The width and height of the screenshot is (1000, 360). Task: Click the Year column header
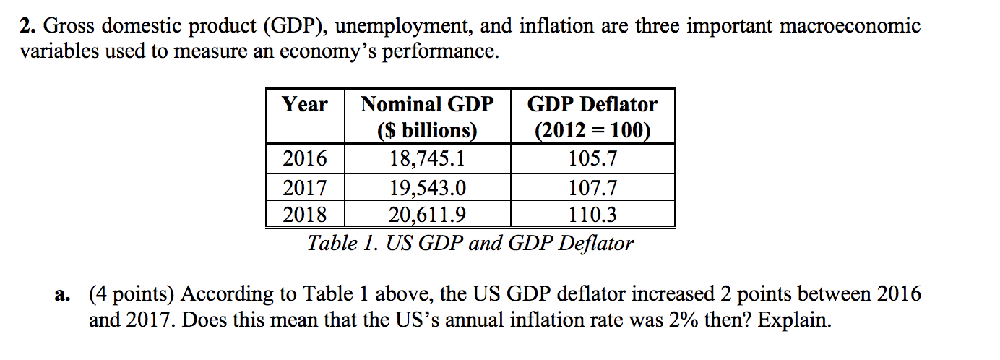coord(305,105)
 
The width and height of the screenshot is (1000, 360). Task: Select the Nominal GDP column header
coord(427,117)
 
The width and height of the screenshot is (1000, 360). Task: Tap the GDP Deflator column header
coord(592,117)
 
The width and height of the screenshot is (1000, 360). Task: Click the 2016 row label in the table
coord(305,158)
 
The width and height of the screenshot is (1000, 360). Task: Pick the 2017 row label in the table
coord(305,189)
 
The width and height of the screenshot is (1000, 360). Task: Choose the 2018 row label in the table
coord(305,214)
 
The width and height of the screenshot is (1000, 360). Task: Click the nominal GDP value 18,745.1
coord(427,158)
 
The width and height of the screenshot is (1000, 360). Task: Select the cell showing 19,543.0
coord(427,189)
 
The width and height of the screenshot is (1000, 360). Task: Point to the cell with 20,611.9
coord(427,214)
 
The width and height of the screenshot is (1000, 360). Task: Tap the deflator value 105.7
coord(592,158)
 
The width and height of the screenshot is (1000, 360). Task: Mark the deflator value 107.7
coord(592,189)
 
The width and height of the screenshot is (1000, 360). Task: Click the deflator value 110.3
coord(592,214)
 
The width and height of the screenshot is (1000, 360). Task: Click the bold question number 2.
coord(27,27)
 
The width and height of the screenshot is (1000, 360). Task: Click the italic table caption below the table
coord(470,243)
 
